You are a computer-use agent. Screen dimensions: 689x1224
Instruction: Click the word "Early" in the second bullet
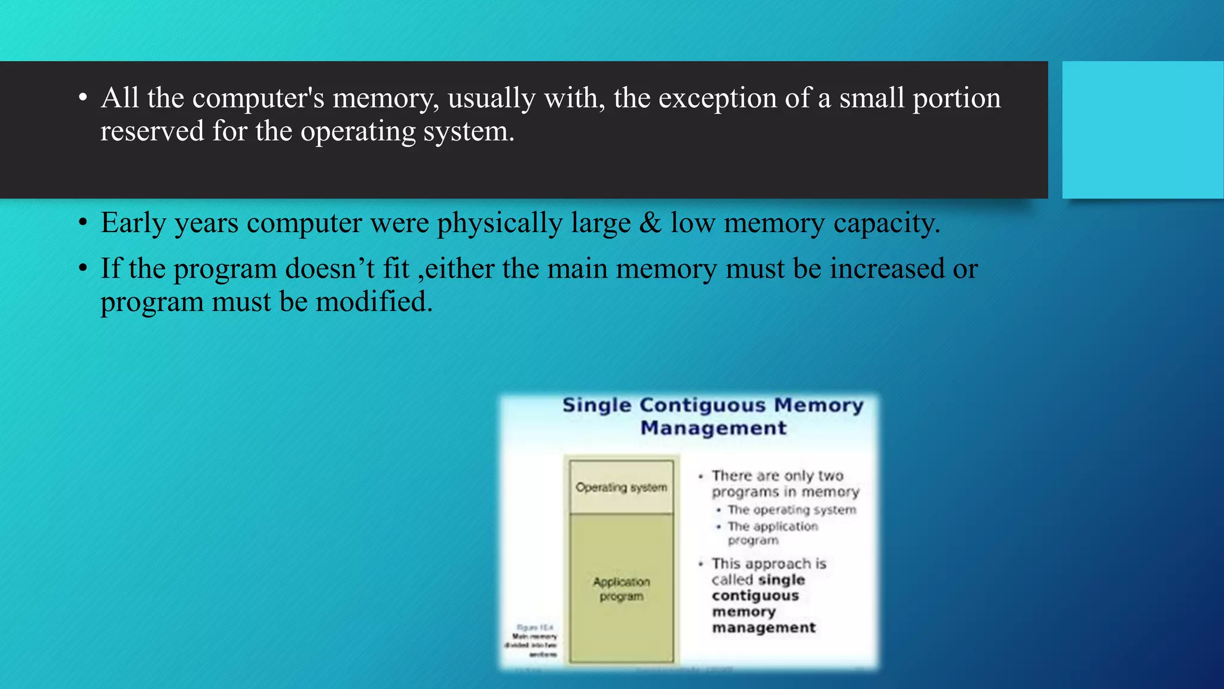[x=133, y=223]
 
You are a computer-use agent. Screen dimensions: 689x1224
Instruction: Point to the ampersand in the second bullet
[x=650, y=222]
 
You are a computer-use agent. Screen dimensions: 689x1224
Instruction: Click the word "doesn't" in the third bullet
[x=329, y=268]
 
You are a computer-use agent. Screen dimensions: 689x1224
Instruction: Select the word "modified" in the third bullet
[x=373, y=301]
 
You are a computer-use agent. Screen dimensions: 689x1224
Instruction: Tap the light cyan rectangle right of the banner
[x=1142, y=129]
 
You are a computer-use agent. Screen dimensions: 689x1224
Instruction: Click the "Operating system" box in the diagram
[x=621, y=487]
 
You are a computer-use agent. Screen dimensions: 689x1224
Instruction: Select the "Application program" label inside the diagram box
[x=621, y=589]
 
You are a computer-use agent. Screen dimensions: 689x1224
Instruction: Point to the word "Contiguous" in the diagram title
[x=702, y=405]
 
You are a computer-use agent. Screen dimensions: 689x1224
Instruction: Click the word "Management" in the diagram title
[x=713, y=428]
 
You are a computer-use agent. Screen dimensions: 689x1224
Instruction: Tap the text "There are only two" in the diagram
[x=777, y=475]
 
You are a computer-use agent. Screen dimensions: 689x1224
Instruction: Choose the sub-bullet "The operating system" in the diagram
[x=791, y=510]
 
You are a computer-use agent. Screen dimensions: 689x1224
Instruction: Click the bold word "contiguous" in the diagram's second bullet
[x=755, y=596]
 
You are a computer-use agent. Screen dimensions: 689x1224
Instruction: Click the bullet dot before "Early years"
[x=83, y=223]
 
